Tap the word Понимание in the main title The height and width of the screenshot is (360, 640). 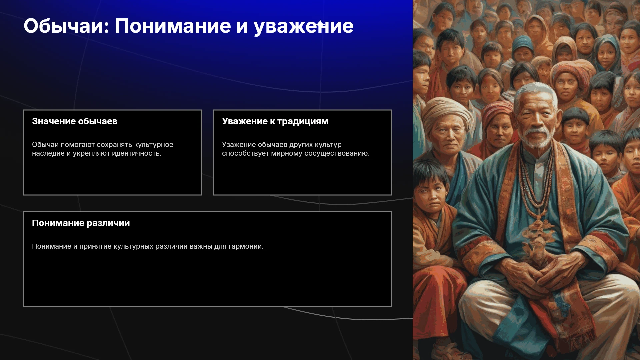(173, 26)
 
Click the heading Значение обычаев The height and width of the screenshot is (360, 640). (75, 121)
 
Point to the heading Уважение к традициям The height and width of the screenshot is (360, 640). (275, 121)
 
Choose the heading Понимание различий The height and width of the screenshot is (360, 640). (81, 223)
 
